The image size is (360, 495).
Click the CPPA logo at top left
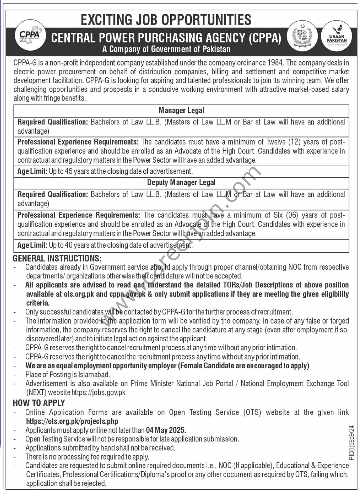tap(30, 35)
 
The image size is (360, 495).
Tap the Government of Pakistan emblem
tap(302, 35)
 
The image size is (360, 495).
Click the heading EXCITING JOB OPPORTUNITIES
tap(166, 20)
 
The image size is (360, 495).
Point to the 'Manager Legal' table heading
tap(181, 111)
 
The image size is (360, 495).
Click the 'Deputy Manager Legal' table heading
tap(181, 182)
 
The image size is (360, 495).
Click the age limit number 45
tap(68, 171)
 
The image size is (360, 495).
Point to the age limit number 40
tap(68, 245)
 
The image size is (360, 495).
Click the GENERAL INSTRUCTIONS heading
tap(57, 258)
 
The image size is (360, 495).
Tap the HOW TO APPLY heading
tap(39, 403)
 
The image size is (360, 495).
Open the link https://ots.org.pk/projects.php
tap(72, 421)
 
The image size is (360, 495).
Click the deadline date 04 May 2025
tap(166, 430)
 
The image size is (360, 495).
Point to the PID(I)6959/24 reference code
tap(351, 442)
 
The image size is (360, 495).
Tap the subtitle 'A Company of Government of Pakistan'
tap(166, 49)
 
